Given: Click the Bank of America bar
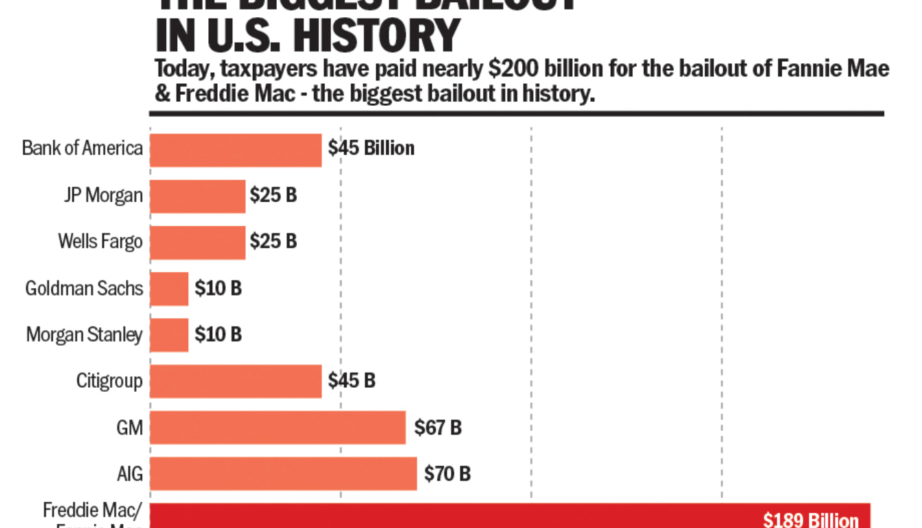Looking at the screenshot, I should (236, 150).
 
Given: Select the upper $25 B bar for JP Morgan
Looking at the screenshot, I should (197, 196).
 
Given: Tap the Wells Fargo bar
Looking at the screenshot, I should (197, 242).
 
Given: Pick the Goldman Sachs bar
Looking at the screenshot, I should (169, 289).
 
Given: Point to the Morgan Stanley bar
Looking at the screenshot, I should (169, 335).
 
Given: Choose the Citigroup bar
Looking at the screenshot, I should (236, 381).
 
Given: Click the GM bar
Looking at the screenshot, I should (278, 427).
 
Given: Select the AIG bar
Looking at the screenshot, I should (283, 473).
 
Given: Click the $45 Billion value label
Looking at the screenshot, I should (371, 148).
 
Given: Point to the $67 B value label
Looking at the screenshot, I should (438, 428).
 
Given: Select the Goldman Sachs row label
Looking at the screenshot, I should (84, 288).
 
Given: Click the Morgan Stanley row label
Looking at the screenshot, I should (84, 335).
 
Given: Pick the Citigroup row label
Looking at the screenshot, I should (109, 381).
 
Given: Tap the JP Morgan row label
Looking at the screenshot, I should (104, 195).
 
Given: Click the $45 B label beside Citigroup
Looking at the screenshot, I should (351, 381).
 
